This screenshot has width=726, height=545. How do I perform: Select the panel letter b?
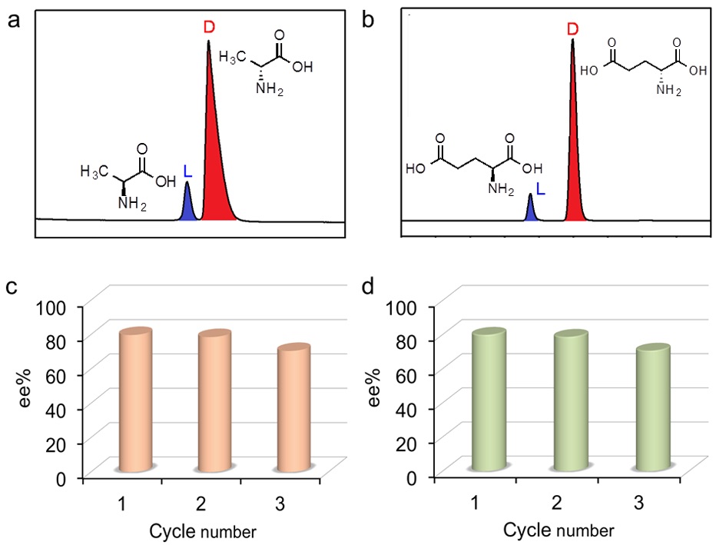pos(368,20)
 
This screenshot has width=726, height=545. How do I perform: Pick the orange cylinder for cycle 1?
pos(135,400)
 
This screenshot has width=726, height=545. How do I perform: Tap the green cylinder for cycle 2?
pos(571,400)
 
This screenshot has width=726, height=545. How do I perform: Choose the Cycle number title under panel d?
pos(559,530)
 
